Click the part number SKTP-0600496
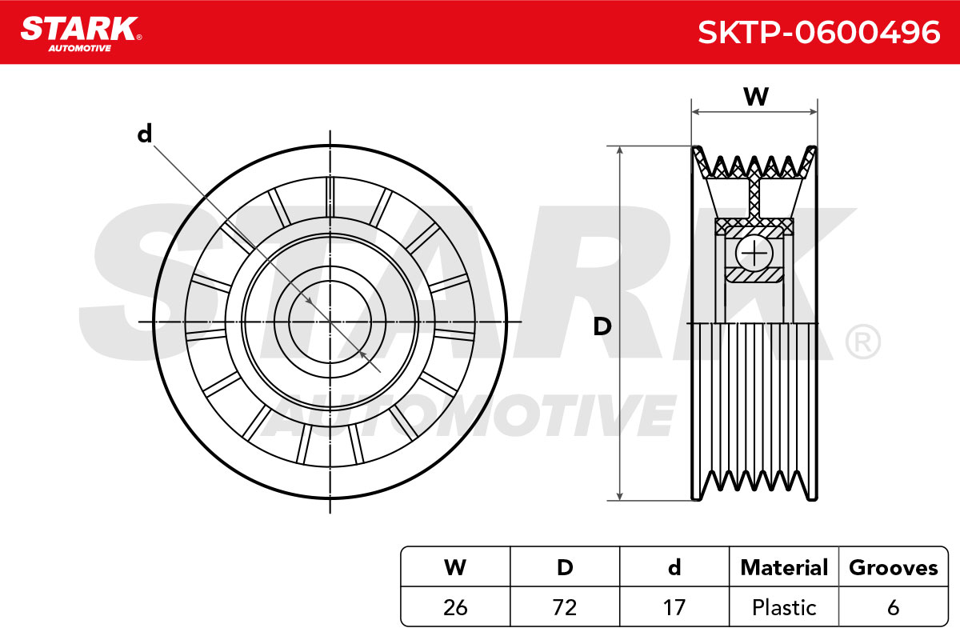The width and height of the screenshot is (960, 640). pyautogui.click(x=819, y=32)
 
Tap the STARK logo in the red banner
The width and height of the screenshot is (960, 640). pyautogui.click(x=82, y=34)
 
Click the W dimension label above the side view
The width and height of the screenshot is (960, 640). pyautogui.click(x=756, y=97)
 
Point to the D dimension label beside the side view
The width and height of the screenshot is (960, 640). pyautogui.click(x=602, y=326)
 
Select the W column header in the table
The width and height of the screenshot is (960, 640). pyautogui.click(x=455, y=567)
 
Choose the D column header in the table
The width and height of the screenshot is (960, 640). pyautogui.click(x=565, y=567)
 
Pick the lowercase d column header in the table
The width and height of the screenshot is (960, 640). pyautogui.click(x=674, y=567)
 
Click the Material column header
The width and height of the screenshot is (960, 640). pyautogui.click(x=784, y=567)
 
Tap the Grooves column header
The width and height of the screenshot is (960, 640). pyautogui.click(x=893, y=567)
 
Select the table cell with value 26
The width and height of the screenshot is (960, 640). pyautogui.click(x=455, y=607)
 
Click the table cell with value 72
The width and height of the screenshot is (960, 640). pyautogui.click(x=565, y=607)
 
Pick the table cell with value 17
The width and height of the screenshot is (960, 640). pyautogui.click(x=674, y=607)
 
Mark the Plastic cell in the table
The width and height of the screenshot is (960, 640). pyautogui.click(x=784, y=607)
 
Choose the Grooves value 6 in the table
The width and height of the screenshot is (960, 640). pyautogui.click(x=893, y=607)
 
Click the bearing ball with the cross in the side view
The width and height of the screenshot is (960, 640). pyautogui.click(x=754, y=253)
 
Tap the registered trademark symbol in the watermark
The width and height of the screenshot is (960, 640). pyautogui.click(x=862, y=342)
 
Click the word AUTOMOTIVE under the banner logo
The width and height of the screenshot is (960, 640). pyautogui.click(x=80, y=48)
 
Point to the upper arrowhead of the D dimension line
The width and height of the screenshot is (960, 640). pyautogui.click(x=620, y=150)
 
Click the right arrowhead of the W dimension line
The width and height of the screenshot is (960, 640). pyautogui.click(x=813, y=112)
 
